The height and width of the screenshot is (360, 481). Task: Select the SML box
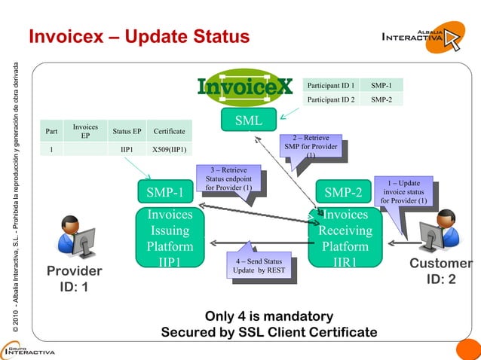[x=248, y=120]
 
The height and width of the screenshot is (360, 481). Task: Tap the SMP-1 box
[x=165, y=194]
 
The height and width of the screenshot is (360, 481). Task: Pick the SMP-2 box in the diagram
[x=343, y=194]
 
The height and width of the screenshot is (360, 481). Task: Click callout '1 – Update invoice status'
[x=404, y=191]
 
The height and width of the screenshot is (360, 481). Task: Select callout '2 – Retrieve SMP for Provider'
[x=310, y=147]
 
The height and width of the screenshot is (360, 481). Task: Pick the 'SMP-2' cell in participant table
[x=381, y=99]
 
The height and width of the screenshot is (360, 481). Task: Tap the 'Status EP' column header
[x=127, y=131]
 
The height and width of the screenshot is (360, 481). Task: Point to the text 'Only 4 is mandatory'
[x=269, y=316]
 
